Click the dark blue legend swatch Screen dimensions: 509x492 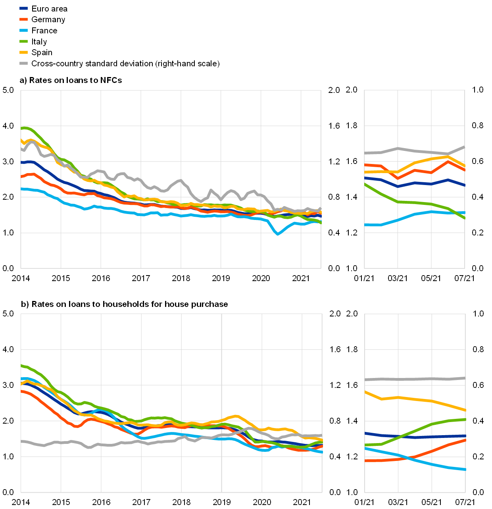coord(24,8)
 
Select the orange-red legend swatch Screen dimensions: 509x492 coord(24,19)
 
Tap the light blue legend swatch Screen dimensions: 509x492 coord(24,30)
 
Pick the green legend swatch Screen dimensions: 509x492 coord(24,41)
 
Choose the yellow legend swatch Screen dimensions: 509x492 coord(24,52)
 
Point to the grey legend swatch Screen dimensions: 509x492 coord(24,63)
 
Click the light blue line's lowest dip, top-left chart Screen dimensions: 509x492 coord(277,234)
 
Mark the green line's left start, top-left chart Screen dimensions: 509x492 coord(21,128)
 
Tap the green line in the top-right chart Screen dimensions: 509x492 coord(414,202)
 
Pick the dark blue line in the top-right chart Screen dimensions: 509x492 coord(414,183)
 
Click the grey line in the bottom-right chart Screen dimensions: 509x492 coord(414,379)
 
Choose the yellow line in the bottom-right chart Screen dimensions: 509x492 coord(414,399)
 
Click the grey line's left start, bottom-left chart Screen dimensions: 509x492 coord(21,442)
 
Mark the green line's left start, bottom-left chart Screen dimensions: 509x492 coord(21,365)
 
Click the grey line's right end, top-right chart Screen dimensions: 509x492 coord(464,147)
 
